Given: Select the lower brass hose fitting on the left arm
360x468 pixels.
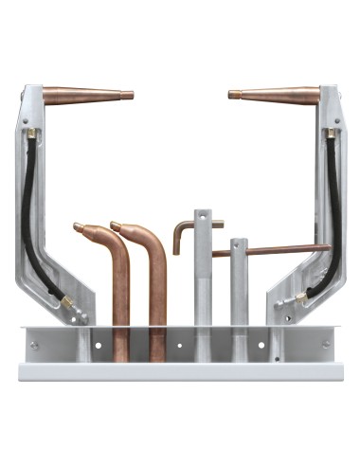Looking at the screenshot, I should click(x=65, y=300).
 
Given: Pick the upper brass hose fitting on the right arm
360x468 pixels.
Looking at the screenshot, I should click(x=330, y=135).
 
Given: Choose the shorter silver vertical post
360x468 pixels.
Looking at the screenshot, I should click(x=238, y=294).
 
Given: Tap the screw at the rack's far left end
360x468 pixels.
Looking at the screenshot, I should click(x=34, y=346).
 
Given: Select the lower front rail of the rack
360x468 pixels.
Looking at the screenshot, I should click(x=180, y=370).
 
